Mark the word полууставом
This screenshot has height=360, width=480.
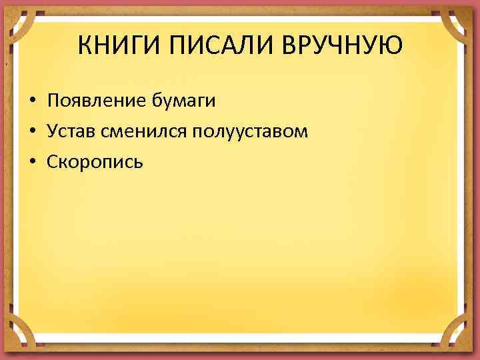point(250,132)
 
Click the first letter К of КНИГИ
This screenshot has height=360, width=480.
point(84,47)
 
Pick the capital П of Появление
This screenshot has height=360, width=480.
point(53,101)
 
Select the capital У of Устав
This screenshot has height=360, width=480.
point(53,131)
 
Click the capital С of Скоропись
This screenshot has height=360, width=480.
point(53,162)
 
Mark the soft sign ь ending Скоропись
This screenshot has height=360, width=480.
point(138,163)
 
